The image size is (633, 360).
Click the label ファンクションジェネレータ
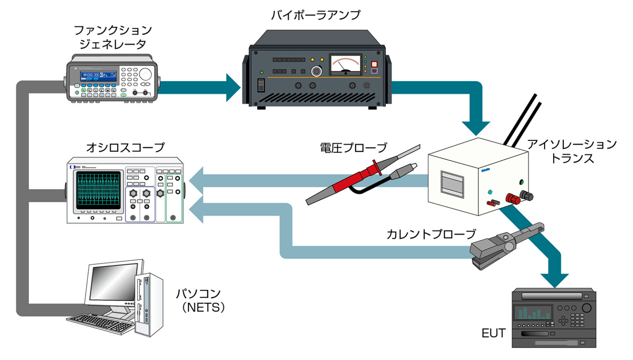click(113, 37)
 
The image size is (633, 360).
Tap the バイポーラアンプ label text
click(315, 15)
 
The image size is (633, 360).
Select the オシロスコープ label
click(125, 147)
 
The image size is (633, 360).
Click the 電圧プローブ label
click(354, 147)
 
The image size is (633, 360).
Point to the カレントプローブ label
click(431, 234)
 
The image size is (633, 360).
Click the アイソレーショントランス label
click(572, 151)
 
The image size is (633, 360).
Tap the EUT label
click(493, 333)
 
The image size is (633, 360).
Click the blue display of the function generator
click(98, 75)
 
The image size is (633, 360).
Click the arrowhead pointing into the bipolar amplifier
click(233, 87)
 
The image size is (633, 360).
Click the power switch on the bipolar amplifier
click(261, 85)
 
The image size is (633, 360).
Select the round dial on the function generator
click(145, 74)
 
